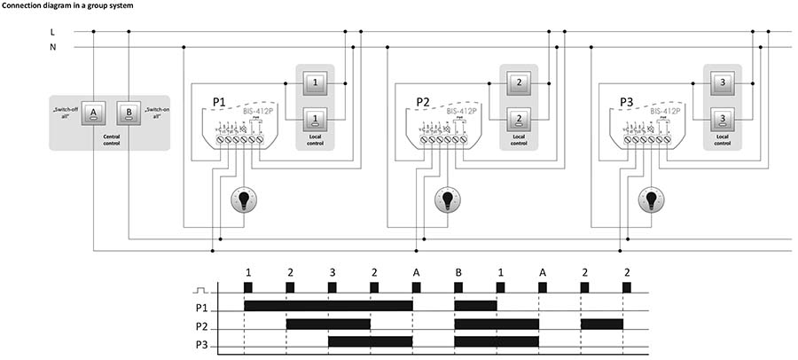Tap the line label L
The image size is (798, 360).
pyautogui.click(x=53, y=32)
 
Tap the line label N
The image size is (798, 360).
pyautogui.click(x=53, y=46)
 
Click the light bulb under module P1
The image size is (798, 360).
pyautogui.click(x=242, y=200)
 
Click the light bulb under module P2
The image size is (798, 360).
pyautogui.click(x=447, y=200)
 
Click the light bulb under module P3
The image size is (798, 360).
pyautogui.click(x=651, y=200)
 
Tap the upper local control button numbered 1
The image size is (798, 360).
pyautogui.click(x=315, y=82)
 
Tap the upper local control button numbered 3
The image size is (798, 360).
pyautogui.click(x=723, y=82)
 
